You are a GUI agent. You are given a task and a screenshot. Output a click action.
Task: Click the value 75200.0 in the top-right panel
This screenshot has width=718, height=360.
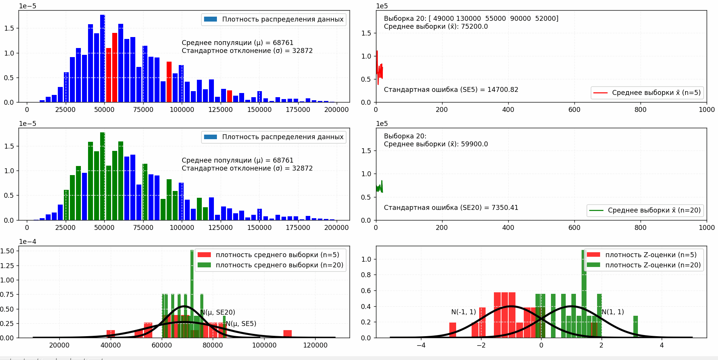click(x=474, y=27)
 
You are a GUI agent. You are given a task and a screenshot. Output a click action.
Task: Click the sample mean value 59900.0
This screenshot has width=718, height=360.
click(x=474, y=144)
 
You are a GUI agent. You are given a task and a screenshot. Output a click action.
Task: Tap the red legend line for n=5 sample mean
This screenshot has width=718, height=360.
click(x=600, y=93)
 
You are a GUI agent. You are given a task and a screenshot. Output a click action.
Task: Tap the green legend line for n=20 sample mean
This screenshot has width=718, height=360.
click(x=596, y=210)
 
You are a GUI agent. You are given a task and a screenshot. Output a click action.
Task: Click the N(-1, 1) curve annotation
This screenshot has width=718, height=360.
click(x=464, y=312)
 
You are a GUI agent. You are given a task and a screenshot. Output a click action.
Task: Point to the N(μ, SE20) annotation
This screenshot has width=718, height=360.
click(x=218, y=312)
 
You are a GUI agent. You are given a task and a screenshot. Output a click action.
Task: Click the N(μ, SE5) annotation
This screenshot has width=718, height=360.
click(x=241, y=324)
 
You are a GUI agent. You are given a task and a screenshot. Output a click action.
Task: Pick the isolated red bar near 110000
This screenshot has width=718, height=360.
click(x=288, y=334)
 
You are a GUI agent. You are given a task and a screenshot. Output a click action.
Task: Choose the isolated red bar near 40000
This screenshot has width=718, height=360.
click(x=111, y=334)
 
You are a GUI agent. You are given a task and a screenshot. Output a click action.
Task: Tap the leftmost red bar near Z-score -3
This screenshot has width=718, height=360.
click(x=453, y=330)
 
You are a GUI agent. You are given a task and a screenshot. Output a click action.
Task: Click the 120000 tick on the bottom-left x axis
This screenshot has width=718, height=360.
click(x=315, y=345)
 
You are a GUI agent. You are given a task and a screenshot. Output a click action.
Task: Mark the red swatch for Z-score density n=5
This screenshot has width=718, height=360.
click(x=593, y=255)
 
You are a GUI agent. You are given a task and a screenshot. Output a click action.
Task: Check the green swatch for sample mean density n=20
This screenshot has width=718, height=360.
click(x=204, y=265)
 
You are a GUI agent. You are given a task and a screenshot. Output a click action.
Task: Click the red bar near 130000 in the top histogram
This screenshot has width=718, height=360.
click(x=229, y=96)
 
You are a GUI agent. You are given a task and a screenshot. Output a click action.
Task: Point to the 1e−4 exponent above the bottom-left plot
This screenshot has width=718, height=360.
click(x=28, y=242)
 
